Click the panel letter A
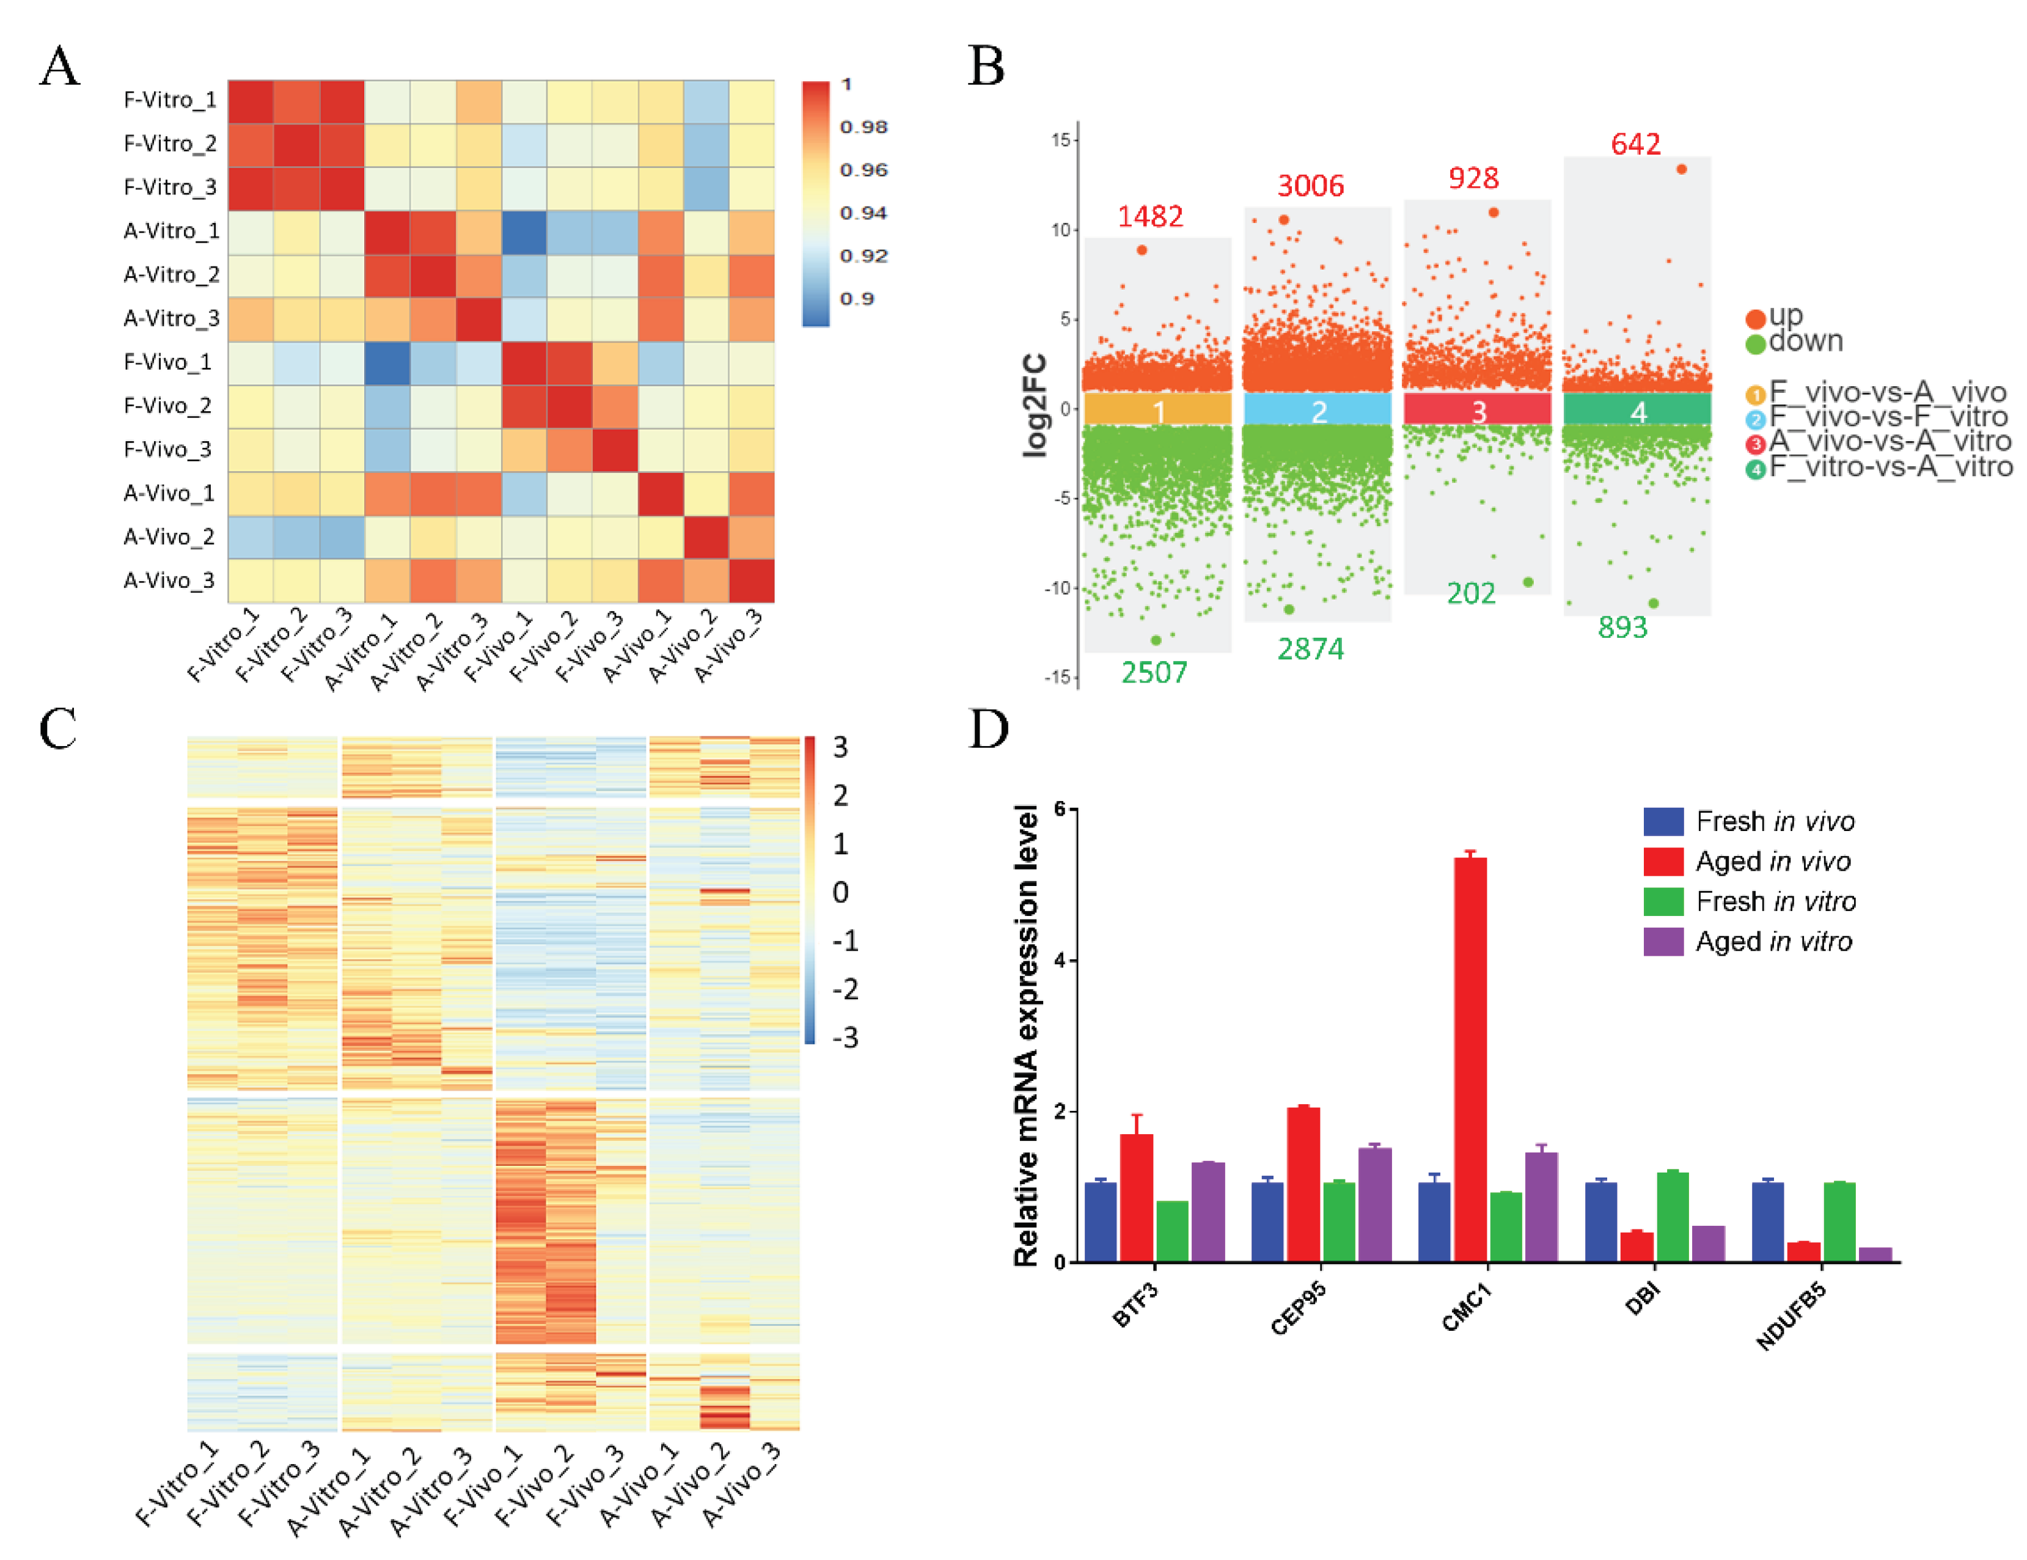point(59,67)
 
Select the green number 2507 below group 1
point(1154,672)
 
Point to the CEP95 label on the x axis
point(1299,1308)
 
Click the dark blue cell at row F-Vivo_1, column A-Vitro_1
point(387,362)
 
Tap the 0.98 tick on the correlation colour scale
point(863,127)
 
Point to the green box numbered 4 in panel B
point(1637,410)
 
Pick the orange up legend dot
point(1754,319)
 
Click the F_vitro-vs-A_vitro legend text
point(1890,467)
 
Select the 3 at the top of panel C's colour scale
point(840,747)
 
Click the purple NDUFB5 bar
point(1875,1254)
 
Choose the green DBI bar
point(1673,1217)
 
